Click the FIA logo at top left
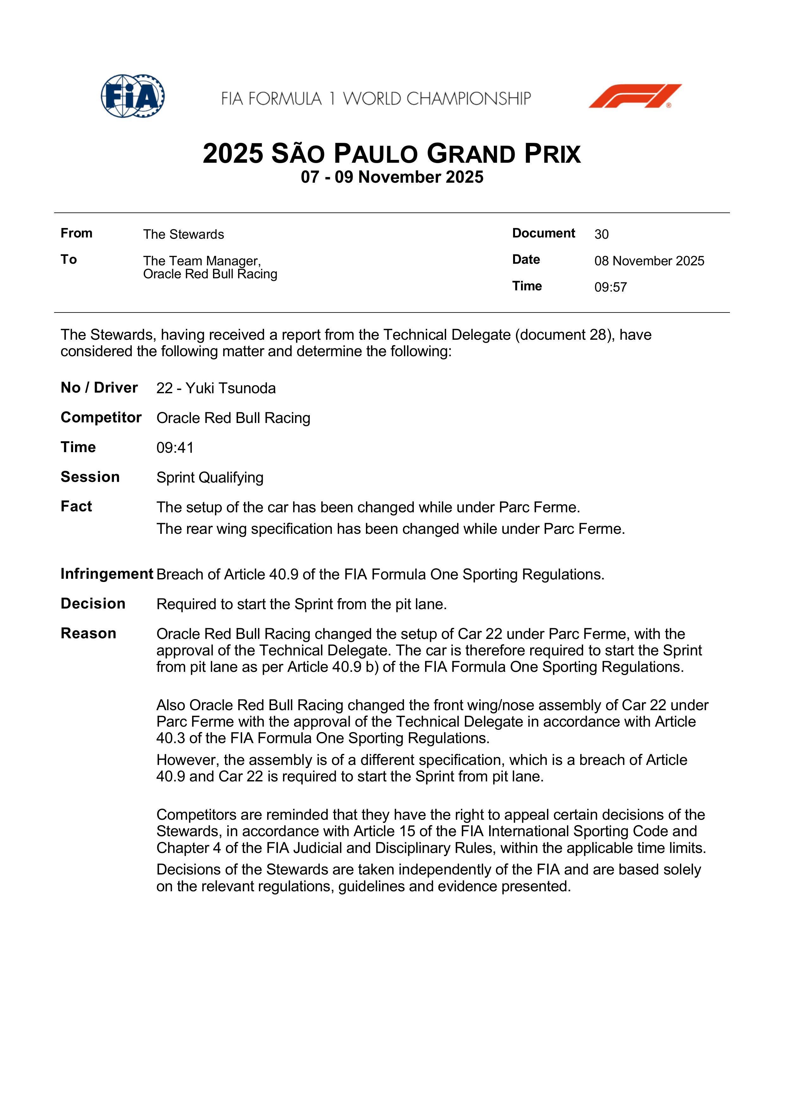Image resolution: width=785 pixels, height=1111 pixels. (133, 96)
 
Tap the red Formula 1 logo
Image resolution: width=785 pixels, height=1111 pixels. (635, 96)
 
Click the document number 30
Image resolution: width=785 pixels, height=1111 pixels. (601, 234)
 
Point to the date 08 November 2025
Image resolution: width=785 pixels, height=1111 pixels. (649, 261)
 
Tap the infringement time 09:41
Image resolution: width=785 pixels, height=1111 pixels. (175, 448)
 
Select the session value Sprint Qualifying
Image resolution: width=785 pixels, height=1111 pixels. (210, 477)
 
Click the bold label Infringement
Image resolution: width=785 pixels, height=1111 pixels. (106, 574)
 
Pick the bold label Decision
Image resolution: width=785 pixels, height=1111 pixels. (93, 603)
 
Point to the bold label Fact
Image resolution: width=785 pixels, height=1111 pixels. (76, 507)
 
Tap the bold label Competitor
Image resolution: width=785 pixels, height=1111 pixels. (101, 418)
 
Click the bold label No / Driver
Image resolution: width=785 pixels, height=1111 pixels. (99, 388)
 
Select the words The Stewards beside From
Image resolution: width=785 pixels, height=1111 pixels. (183, 234)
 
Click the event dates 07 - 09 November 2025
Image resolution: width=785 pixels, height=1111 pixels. (392, 177)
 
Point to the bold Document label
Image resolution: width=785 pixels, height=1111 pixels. (543, 233)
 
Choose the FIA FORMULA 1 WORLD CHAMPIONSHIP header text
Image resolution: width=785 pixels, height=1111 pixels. (376, 99)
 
